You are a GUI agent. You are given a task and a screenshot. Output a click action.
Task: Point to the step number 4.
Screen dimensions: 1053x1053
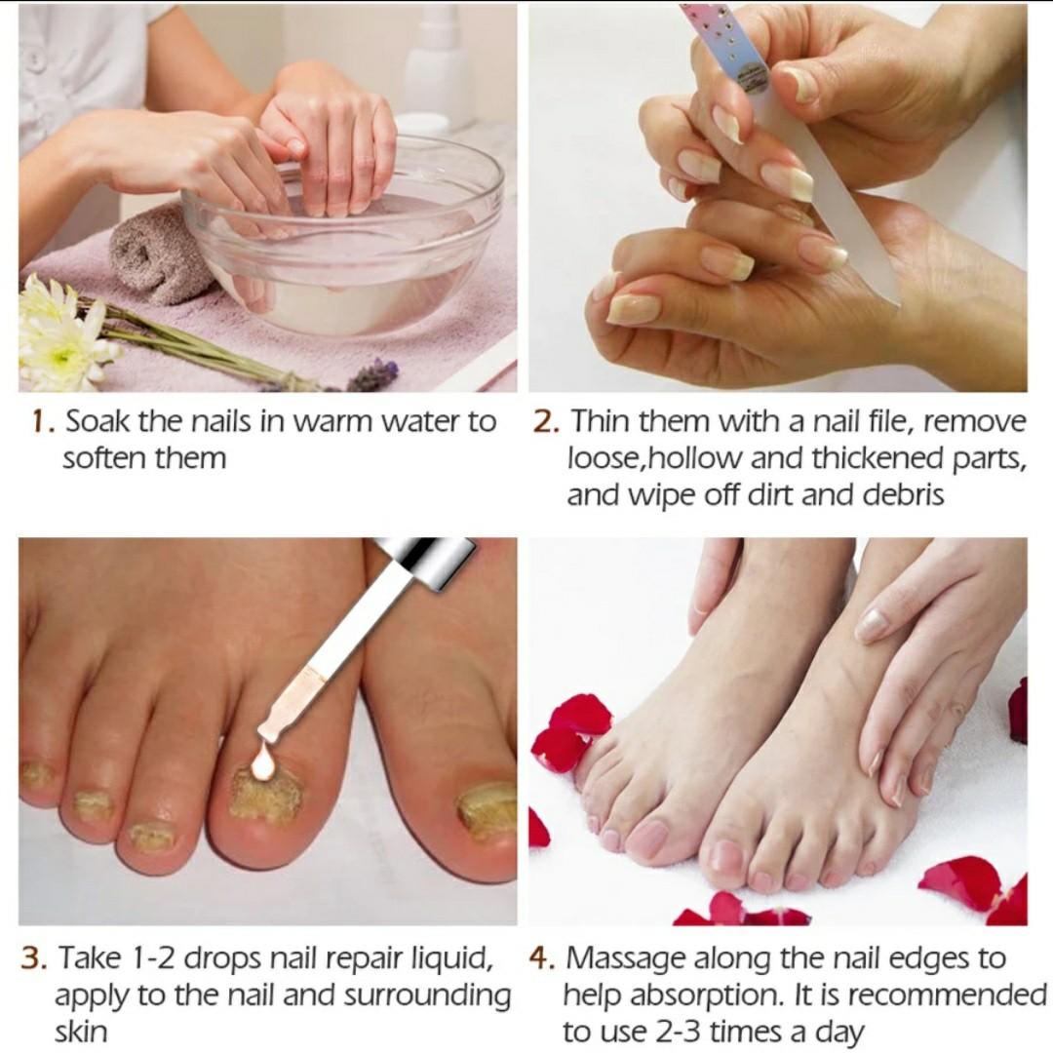coord(541,958)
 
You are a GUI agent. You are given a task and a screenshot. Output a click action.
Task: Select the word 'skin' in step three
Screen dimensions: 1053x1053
coord(81,1032)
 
